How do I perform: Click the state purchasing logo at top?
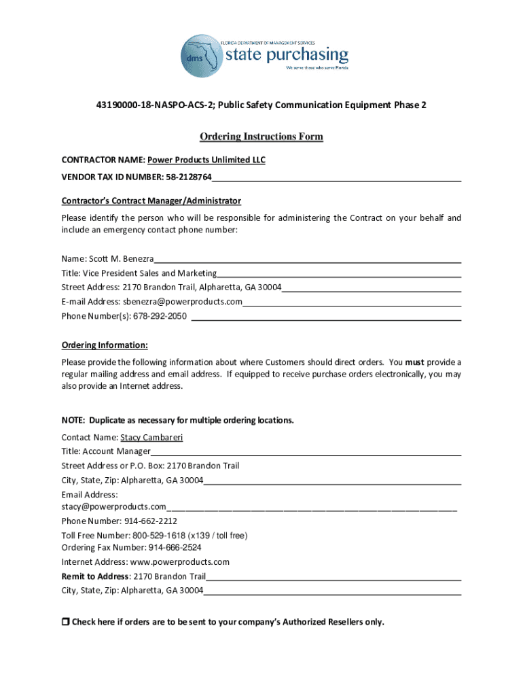coord(264,52)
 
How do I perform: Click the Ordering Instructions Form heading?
coord(261,137)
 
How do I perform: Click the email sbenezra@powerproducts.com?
coord(182,302)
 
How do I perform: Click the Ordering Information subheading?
coord(105,345)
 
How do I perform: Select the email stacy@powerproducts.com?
coord(113,507)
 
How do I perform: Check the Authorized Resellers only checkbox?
coord(66,622)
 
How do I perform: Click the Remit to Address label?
coord(94,576)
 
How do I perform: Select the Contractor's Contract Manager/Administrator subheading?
coord(151,201)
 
